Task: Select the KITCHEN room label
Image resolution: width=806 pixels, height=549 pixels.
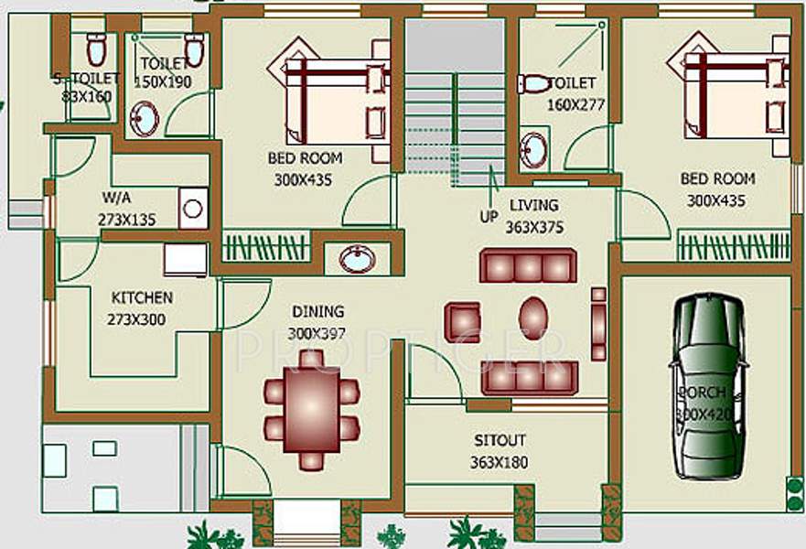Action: (x=142, y=297)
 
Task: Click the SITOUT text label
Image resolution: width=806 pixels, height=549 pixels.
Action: (x=499, y=440)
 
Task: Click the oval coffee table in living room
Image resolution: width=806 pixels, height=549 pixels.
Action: (x=533, y=318)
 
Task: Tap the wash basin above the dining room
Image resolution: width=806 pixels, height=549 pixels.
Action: (x=356, y=259)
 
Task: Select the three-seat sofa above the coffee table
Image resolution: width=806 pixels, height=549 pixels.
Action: (x=529, y=265)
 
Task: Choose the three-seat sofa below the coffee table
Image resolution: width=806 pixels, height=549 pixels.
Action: (x=529, y=376)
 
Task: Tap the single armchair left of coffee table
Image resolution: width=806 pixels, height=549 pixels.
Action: (x=462, y=321)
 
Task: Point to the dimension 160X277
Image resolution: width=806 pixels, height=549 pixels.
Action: (x=576, y=103)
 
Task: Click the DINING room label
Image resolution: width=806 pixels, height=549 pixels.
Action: (x=317, y=311)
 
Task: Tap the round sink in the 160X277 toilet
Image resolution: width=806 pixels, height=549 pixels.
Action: (x=533, y=147)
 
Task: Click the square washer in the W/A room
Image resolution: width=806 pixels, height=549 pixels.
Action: (x=192, y=209)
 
